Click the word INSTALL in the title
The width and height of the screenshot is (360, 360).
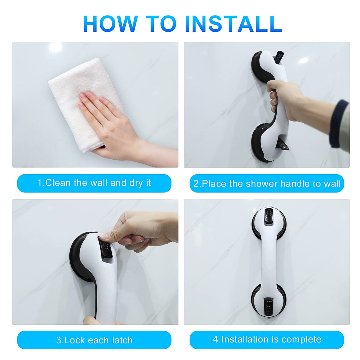(233, 24)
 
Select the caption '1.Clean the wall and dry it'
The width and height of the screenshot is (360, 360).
(94, 183)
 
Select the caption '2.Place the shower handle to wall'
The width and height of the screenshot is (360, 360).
(267, 184)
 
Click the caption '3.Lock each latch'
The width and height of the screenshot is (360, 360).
(94, 340)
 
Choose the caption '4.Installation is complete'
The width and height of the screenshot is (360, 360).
(267, 340)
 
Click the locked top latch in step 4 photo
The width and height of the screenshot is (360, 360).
(269, 215)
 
